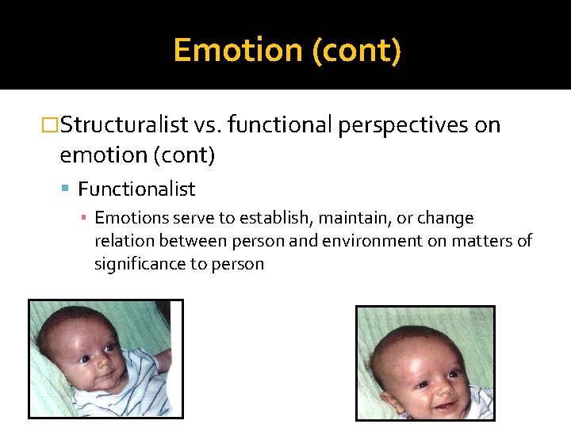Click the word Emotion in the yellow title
(x=238, y=50)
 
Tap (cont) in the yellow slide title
(x=357, y=50)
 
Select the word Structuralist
(x=124, y=125)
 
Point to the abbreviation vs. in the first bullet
(x=209, y=125)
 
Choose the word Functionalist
(x=136, y=189)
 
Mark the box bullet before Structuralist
(x=50, y=125)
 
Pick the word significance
(x=139, y=264)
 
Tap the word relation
(x=120, y=241)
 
